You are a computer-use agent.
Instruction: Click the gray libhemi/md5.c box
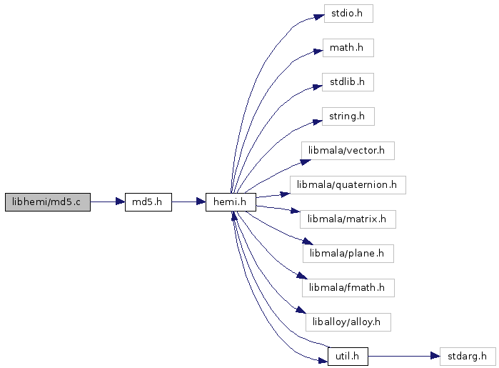48,202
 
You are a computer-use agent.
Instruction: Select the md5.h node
148,202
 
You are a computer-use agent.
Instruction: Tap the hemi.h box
231,202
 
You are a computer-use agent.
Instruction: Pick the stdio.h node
348,14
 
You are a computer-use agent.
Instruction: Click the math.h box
348,48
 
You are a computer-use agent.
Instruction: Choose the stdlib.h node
348,82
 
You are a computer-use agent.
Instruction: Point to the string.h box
348,116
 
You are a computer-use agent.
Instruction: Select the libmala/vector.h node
348,151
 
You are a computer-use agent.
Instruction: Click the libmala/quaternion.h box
348,185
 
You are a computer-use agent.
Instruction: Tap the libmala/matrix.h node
348,219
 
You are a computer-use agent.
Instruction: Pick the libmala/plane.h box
348,254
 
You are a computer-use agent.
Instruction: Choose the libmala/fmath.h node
348,288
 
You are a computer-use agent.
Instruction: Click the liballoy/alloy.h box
348,322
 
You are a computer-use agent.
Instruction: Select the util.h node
348,357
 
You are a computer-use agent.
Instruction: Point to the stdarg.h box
468,357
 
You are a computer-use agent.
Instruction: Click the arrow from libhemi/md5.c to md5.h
108,202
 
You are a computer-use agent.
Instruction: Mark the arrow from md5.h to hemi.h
188,202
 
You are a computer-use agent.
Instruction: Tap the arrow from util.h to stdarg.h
404,356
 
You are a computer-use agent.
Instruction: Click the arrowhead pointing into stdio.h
320,17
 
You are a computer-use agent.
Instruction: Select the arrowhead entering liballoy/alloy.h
301,309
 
